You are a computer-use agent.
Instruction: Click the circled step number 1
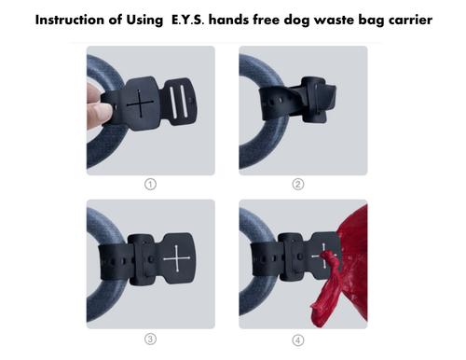click(x=149, y=184)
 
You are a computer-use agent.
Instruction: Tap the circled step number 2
click(x=298, y=184)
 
